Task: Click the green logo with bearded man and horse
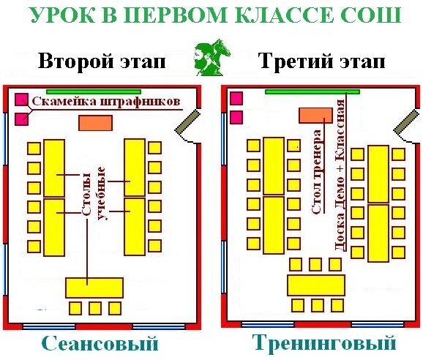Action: tap(212, 57)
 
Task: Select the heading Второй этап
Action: tap(102, 61)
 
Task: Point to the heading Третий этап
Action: tap(323, 61)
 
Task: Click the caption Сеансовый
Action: tap(100, 344)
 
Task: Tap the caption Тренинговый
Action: tap(324, 342)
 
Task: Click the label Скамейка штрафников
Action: tap(106, 102)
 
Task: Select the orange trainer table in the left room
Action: tap(95, 123)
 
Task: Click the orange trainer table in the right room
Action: tap(315, 116)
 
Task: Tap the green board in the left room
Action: tap(94, 91)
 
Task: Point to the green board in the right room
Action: tap(312, 91)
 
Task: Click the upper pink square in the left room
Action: tap(21, 100)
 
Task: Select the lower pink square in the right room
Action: tap(236, 118)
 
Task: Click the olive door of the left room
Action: tap(187, 121)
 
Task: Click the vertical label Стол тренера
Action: tap(317, 172)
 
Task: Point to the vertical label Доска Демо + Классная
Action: tap(339, 176)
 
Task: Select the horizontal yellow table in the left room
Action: tap(94, 288)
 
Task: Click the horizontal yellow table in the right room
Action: tap(316, 285)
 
